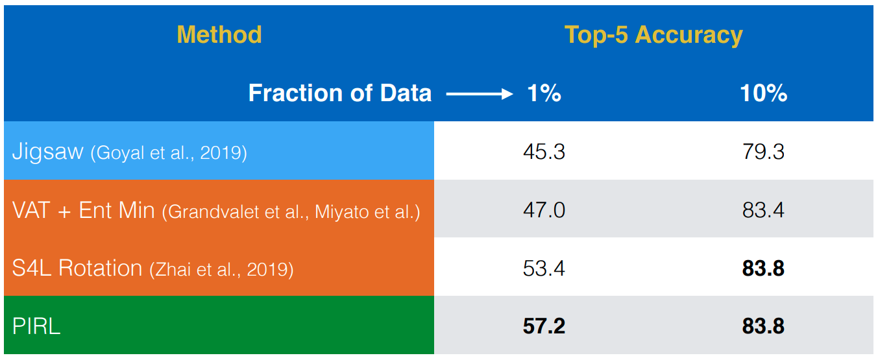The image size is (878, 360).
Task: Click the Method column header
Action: click(x=219, y=35)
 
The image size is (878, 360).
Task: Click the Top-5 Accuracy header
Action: click(x=653, y=36)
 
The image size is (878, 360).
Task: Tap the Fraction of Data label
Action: click(x=340, y=93)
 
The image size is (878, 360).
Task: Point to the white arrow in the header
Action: click(x=480, y=93)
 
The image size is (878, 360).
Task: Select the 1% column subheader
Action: click(x=544, y=93)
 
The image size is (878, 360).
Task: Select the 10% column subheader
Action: click(x=764, y=93)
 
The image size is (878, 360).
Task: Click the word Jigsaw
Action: click(x=48, y=152)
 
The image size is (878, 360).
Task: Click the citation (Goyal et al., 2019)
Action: click(x=169, y=153)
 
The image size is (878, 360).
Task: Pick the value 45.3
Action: click(x=544, y=152)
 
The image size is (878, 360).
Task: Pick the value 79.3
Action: click(x=763, y=152)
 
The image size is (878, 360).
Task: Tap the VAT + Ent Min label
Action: click(x=84, y=210)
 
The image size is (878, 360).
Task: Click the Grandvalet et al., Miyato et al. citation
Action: click(x=291, y=212)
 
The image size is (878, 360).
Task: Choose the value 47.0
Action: click(x=544, y=210)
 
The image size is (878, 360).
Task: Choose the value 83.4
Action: click(x=763, y=210)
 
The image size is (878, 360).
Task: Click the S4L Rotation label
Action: click(x=77, y=269)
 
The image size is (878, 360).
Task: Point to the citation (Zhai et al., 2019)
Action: click(x=221, y=269)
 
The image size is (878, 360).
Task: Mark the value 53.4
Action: click(x=544, y=269)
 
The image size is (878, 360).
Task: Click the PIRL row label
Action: click(x=36, y=326)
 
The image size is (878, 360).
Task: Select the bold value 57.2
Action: click(x=544, y=326)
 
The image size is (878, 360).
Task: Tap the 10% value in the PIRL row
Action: click(x=763, y=326)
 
